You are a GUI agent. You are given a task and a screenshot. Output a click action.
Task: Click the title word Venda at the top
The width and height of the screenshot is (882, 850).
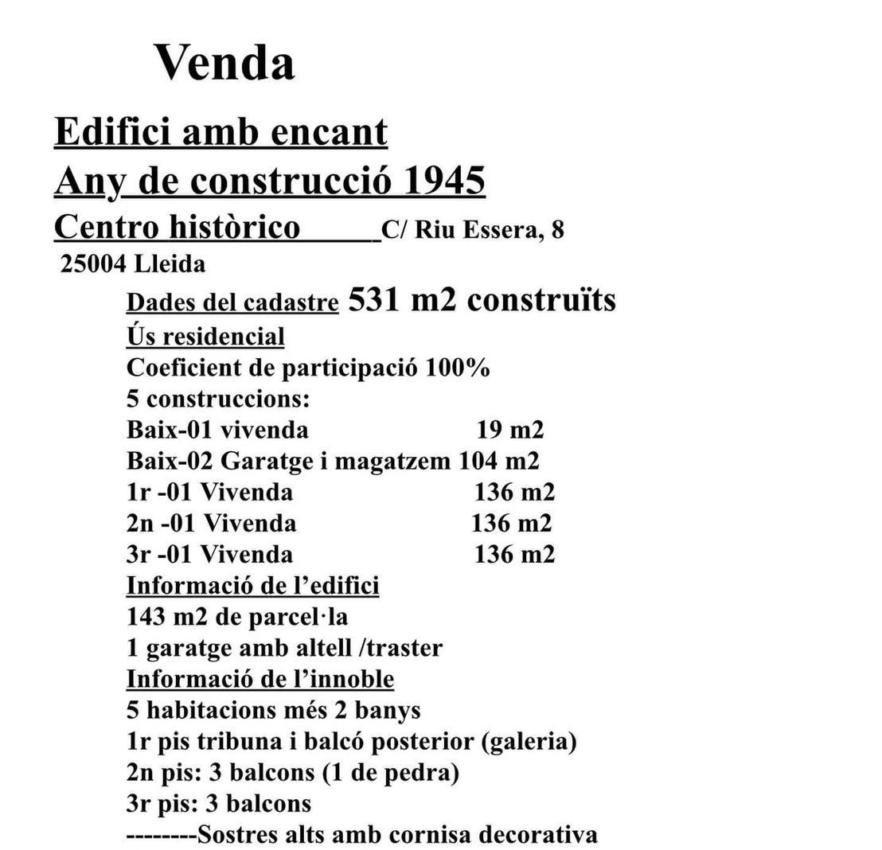pos(224,62)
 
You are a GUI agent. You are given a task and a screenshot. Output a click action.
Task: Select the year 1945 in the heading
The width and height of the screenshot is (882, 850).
pos(444,181)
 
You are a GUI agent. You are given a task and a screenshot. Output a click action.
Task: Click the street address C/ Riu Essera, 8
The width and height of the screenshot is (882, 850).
pos(473,230)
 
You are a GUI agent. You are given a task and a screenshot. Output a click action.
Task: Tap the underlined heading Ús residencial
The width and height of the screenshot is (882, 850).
pos(205,336)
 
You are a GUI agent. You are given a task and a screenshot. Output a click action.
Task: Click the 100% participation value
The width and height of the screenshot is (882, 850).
pos(458,368)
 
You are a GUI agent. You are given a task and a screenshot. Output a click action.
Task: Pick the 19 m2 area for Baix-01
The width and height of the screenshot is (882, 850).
pos(509,430)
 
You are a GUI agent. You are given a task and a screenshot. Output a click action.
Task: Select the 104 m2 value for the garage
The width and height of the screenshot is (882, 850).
pos(498,461)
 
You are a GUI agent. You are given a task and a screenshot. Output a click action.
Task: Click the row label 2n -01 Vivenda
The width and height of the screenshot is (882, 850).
pos(211,523)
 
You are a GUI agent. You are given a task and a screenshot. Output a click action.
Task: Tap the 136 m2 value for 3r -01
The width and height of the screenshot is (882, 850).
pos(514,554)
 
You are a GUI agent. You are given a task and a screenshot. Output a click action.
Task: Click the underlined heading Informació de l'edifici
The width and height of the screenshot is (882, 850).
pos(252,586)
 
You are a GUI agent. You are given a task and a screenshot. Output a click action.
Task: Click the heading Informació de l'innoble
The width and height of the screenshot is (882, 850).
pos(260,679)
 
